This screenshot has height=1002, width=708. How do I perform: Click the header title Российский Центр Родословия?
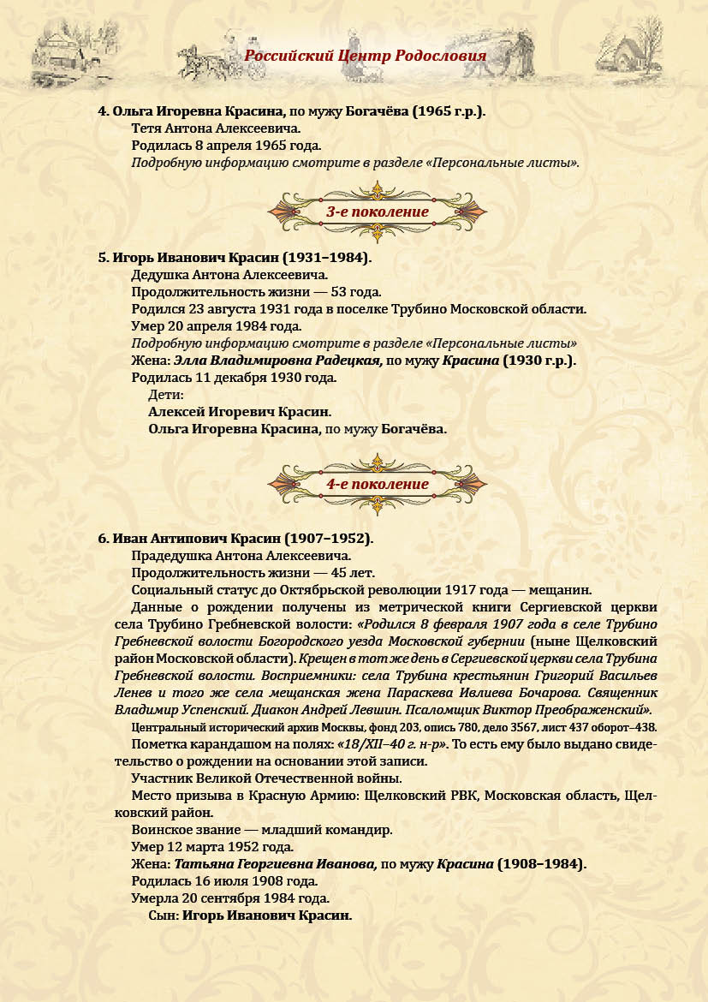366,57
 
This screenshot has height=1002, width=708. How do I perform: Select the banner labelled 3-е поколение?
378,212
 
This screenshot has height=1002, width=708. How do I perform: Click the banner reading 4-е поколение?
378,484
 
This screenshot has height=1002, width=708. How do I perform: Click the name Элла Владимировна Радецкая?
277,361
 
